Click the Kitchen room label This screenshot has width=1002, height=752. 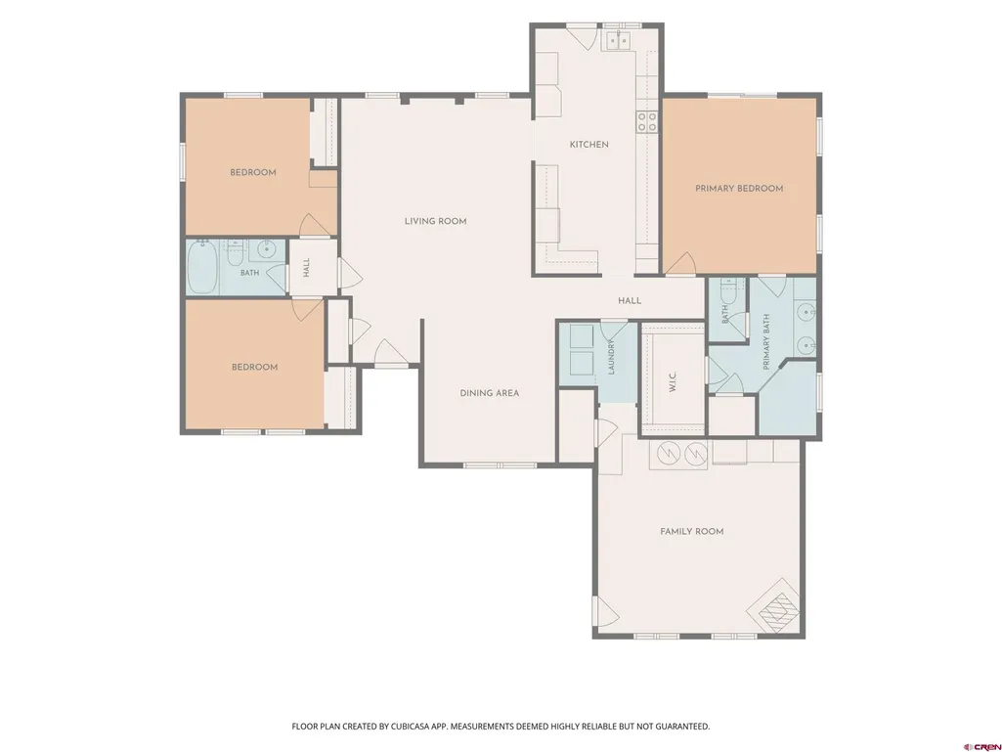588,145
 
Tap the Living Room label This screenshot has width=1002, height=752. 435,221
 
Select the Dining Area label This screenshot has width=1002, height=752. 490,393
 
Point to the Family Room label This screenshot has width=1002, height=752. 691,531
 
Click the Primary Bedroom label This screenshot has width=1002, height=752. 739,189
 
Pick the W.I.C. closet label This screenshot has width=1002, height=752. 673,382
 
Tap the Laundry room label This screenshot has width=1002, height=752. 611,358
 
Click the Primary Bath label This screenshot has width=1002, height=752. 766,341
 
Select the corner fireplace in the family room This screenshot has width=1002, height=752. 774,607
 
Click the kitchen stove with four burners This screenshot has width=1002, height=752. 647,121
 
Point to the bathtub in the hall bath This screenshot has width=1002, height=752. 203,267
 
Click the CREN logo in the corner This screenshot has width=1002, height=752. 981,746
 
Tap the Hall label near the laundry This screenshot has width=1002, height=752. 630,300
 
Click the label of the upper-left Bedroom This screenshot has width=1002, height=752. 253,173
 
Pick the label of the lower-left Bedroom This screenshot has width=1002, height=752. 254,367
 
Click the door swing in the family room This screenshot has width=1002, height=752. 607,612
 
